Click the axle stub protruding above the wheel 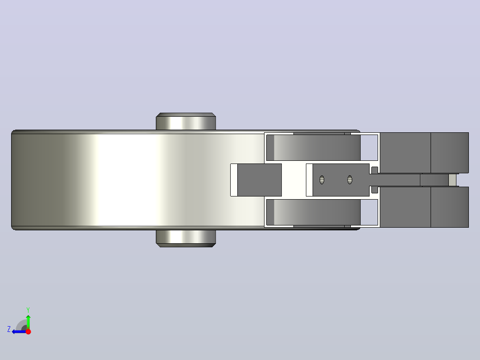point(186,121)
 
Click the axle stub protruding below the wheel point(186,238)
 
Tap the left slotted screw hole point(322,180)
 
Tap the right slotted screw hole point(350,180)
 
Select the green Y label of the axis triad point(28,310)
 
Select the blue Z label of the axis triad point(9,329)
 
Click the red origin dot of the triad point(28,331)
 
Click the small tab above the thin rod point(374,170)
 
